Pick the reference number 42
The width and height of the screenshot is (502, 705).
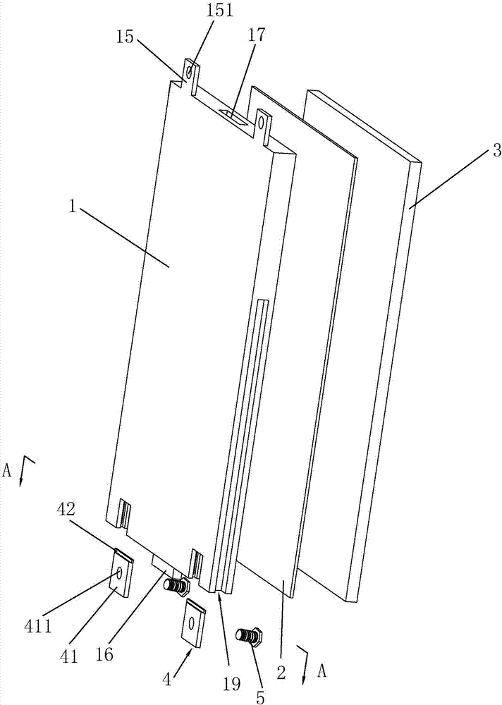tap(67, 510)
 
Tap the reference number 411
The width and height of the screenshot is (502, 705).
tap(39, 625)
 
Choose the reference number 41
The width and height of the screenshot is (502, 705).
tap(68, 657)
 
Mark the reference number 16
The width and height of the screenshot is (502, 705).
tap(104, 654)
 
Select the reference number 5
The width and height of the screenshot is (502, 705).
tap(260, 697)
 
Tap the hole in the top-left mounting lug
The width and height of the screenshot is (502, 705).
tap(190, 72)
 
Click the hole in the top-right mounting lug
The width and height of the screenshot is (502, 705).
tap(262, 121)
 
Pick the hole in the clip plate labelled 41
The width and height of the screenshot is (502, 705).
tap(119, 572)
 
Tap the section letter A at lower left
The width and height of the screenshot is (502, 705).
tap(6, 471)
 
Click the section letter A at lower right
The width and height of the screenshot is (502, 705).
tap(322, 672)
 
